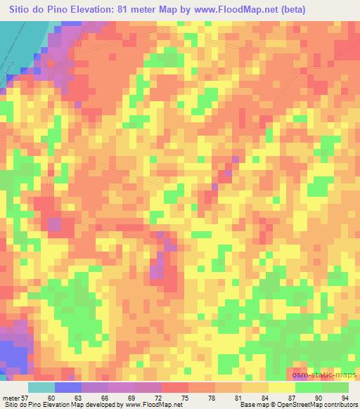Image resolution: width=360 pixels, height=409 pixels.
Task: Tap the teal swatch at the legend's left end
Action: [41, 387]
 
